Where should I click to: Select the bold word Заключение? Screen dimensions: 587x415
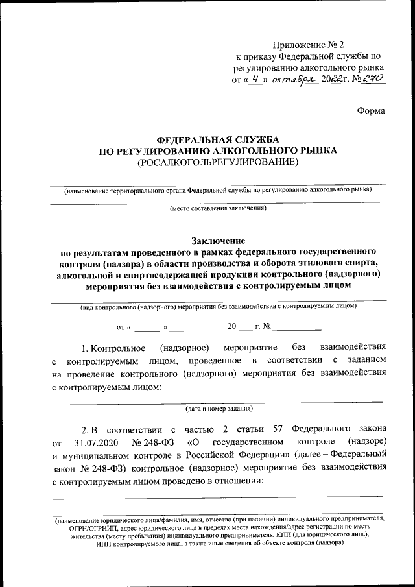(x=219, y=241)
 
